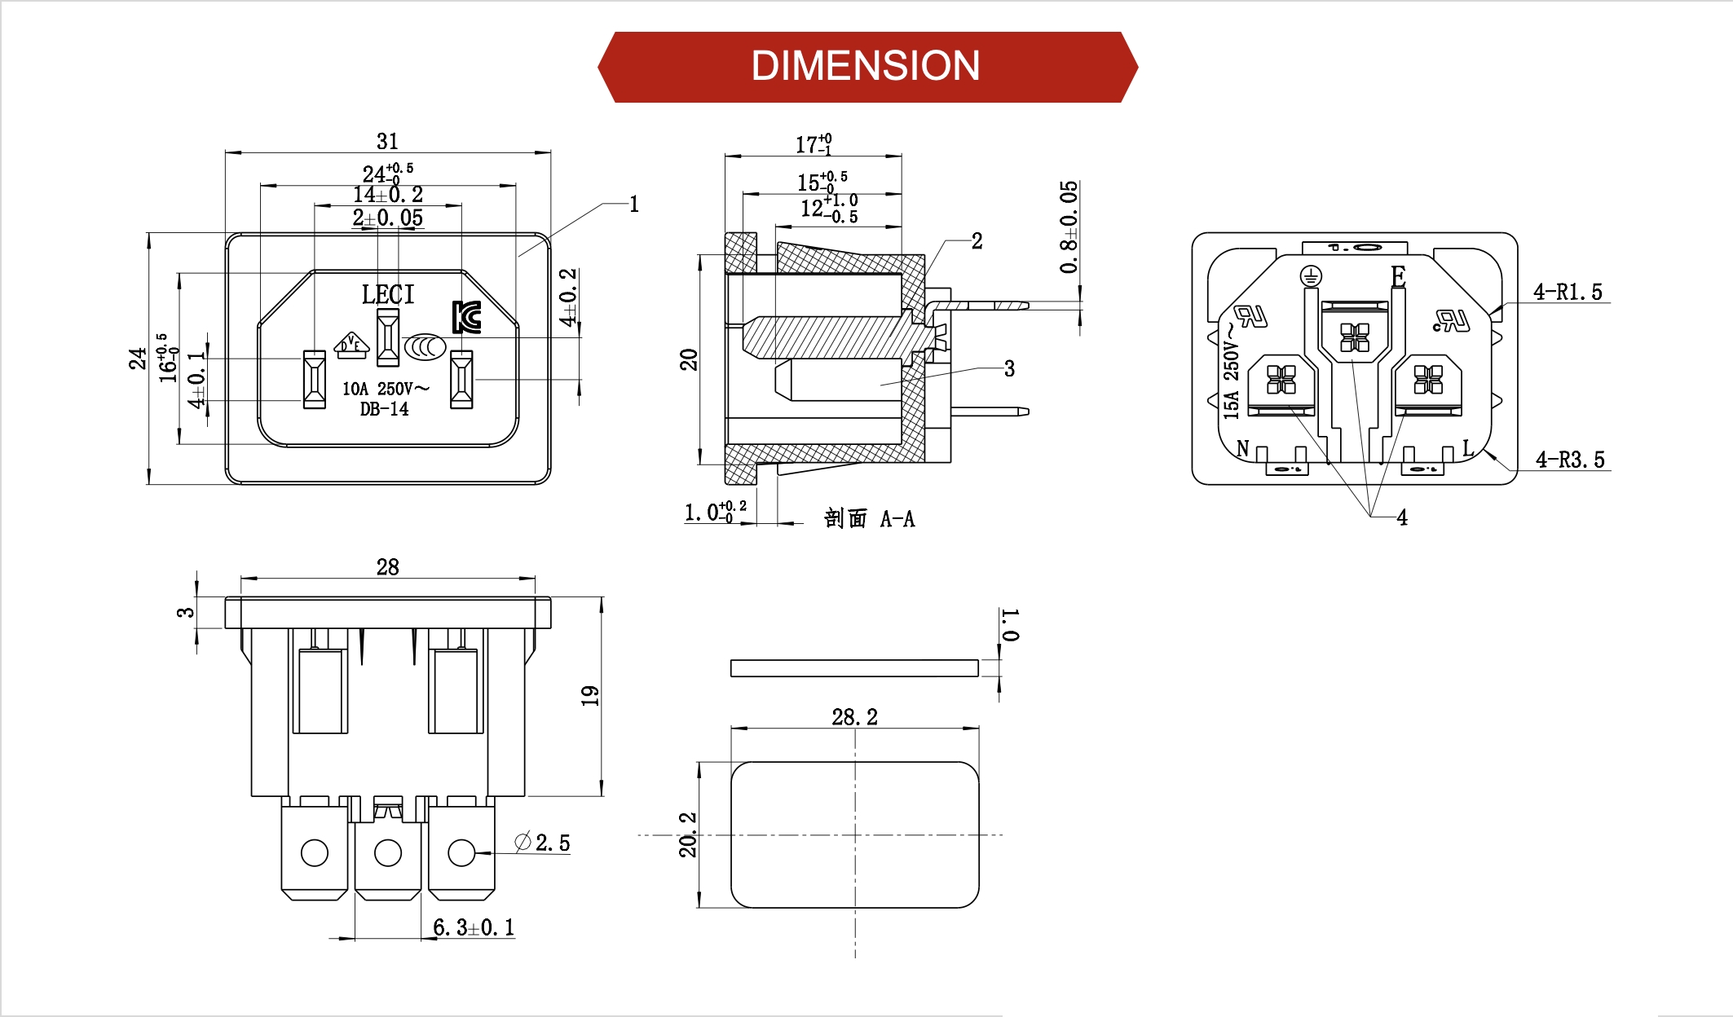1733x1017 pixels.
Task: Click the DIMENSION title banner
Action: (866, 67)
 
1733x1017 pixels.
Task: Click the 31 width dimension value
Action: (387, 142)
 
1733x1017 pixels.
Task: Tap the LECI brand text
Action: (388, 294)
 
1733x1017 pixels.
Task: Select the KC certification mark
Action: (467, 317)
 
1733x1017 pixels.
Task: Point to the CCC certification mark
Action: (425, 347)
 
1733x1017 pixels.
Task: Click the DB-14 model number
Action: (385, 409)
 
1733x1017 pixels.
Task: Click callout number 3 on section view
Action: (1009, 369)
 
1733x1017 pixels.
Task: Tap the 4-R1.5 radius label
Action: (1567, 292)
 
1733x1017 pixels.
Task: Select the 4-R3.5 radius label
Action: (1569, 460)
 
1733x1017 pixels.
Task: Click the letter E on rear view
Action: (1398, 277)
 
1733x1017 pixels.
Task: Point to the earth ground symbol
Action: (1310, 277)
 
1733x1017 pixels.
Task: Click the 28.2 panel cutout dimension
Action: (854, 717)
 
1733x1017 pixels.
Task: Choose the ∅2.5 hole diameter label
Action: (543, 843)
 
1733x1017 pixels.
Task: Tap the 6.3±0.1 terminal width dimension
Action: (474, 927)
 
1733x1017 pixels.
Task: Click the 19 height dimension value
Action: (590, 695)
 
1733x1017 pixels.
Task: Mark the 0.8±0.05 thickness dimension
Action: (1069, 227)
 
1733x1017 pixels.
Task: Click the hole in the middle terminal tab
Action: (387, 853)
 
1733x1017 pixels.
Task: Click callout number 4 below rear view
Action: (1402, 517)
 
